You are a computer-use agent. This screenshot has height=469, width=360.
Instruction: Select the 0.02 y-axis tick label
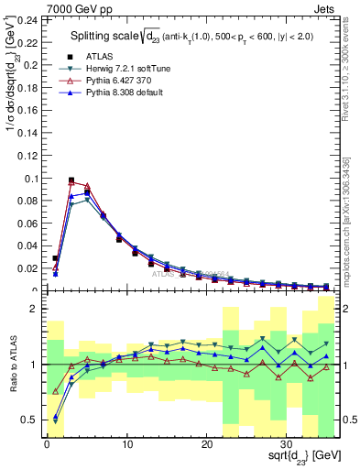click(27, 268)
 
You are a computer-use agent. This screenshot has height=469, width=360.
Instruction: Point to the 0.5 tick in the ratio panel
click(30, 420)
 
